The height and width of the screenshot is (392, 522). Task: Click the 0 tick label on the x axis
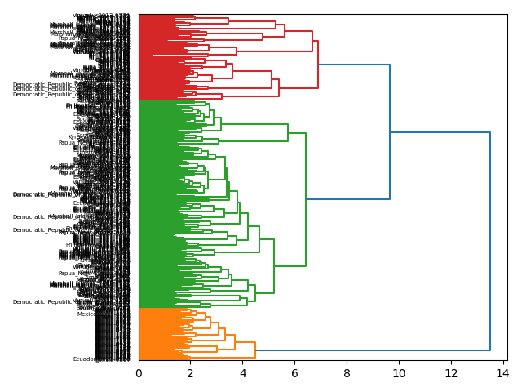coord(139,373)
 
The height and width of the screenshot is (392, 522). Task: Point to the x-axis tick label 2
coord(191,373)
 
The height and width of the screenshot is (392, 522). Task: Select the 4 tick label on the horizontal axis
coord(243,373)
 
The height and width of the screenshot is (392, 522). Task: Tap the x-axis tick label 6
coord(294,373)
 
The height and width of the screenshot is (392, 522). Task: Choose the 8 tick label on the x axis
coord(347,373)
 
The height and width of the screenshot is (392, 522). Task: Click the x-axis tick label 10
coord(399,373)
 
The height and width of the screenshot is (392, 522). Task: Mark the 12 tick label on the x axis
coord(451,373)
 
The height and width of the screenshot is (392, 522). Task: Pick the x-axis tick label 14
coord(502,373)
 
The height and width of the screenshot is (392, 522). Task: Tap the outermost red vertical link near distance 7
coord(318,65)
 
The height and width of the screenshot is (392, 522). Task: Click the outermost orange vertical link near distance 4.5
coord(255,350)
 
